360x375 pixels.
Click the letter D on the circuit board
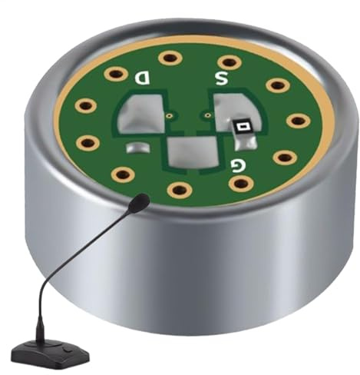point(143,77)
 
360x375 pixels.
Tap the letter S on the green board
point(221,78)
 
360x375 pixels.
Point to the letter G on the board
point(238,164)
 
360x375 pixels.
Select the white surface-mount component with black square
point(243,126)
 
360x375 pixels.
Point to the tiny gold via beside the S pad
point(205,116)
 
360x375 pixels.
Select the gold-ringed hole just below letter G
point(240,184)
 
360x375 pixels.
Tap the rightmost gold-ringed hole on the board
point(298,121)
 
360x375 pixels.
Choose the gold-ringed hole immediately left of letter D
point(116,74)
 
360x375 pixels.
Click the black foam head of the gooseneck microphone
point(139,203)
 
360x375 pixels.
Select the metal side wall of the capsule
point(230,269)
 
